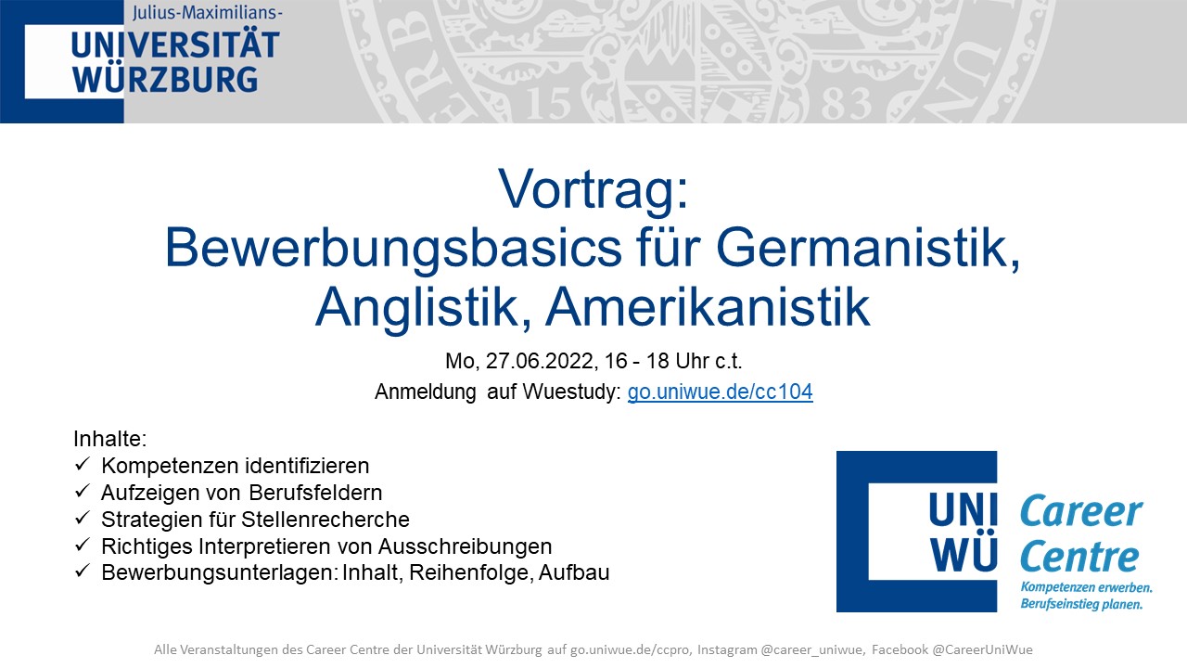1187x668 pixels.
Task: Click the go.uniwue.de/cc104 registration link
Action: [x=721, y=392]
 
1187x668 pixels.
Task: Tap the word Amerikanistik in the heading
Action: [x=708, y=307]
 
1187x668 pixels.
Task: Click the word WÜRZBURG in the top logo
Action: [x=165, y=80]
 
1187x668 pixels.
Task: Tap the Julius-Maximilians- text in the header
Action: [x=207, y=12]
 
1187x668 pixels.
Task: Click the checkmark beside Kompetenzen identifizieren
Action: [x=83, y=465]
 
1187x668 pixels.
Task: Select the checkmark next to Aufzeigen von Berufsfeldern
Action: [x=83, y=491]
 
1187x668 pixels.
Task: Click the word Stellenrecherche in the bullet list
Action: [x=325, y=520]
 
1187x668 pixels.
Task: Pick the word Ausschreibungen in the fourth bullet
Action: [x=466, y=546]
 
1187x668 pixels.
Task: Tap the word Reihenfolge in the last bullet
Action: [x=470, y=573]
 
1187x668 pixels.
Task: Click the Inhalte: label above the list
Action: [x=109, y=439]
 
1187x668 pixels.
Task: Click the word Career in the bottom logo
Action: [x=1081, y=511]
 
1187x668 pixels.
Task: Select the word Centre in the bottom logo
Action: [x=1079, y=557]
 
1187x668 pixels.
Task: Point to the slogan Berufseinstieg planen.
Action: [x=1081, y=604]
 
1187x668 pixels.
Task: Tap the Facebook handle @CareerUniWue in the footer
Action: [x=982, y=649]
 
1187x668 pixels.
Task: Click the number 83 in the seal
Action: [x=846, y=103]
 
